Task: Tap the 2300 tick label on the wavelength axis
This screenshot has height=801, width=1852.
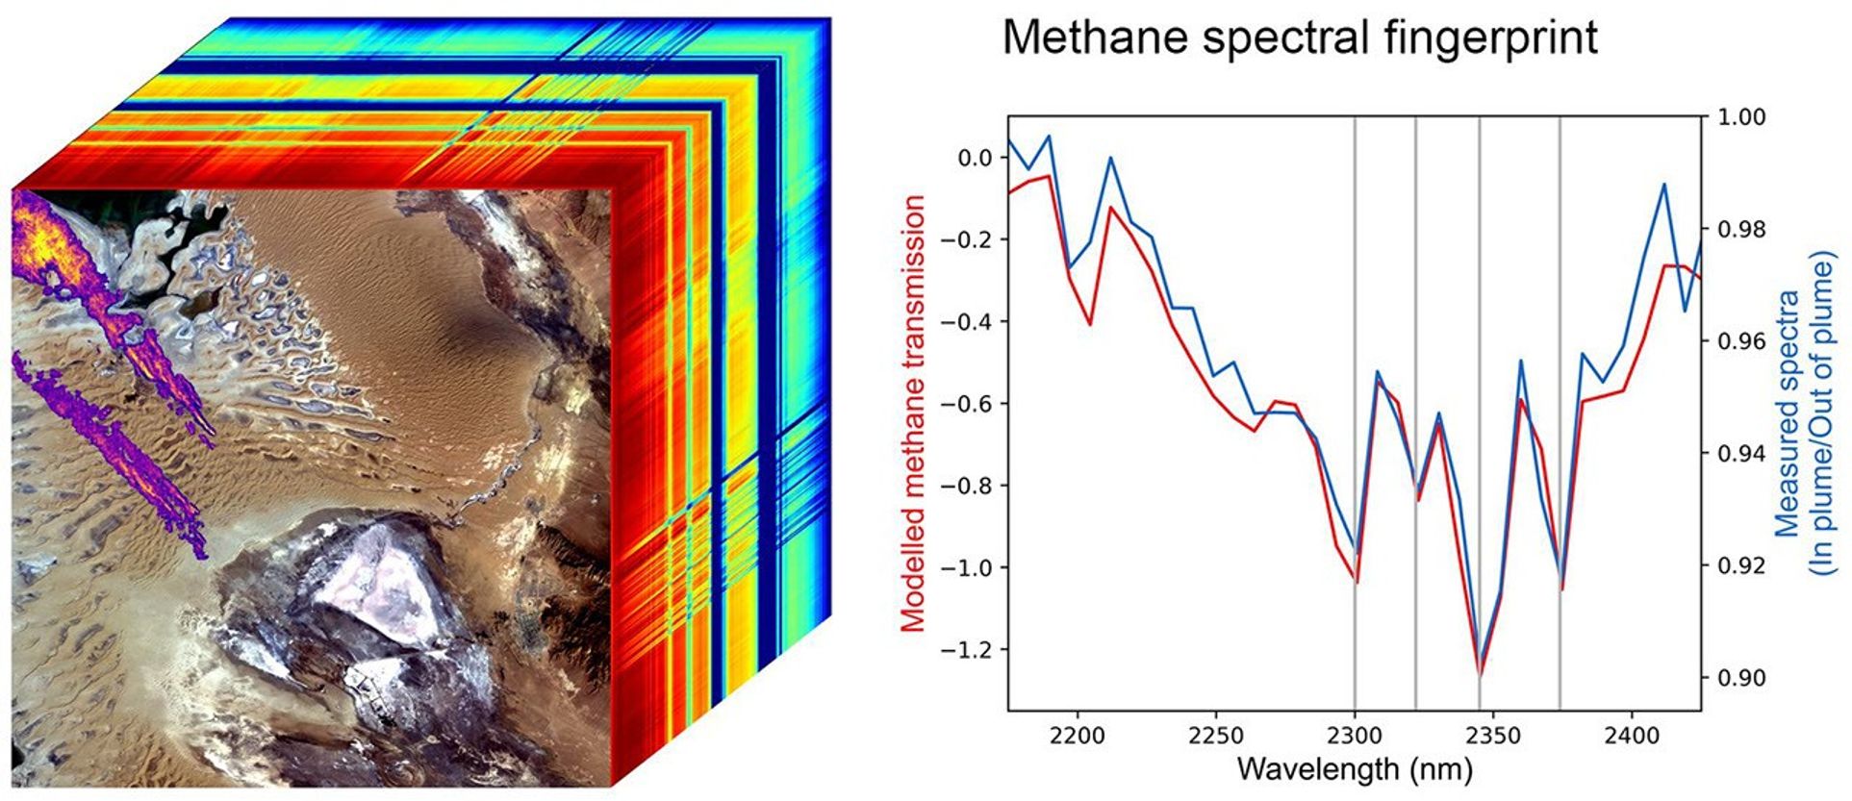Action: coord(1355,737)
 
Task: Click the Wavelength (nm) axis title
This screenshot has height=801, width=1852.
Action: coord(1354,769)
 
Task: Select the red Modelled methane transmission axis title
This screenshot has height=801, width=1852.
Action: coord(913,413)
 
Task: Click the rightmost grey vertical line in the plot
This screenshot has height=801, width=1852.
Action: coord(1560,288)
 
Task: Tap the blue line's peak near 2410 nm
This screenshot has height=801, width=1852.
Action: coord(1663,185)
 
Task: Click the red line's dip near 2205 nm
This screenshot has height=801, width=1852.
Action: coord(1090,324)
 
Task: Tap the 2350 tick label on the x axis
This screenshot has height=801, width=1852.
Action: coord(1493,737)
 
